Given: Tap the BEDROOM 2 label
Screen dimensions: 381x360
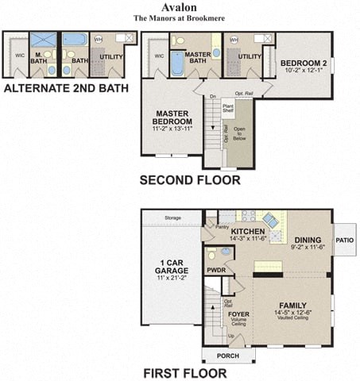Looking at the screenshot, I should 303,63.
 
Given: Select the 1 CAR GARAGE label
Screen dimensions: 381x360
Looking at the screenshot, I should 172,267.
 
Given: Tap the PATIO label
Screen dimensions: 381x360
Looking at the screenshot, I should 345,238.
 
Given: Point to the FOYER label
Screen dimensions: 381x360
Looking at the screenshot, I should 239,314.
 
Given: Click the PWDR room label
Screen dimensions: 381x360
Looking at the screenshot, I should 216,270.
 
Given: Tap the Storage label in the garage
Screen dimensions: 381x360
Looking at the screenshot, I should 172,217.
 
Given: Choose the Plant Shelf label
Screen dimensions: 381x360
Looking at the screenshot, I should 227,108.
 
